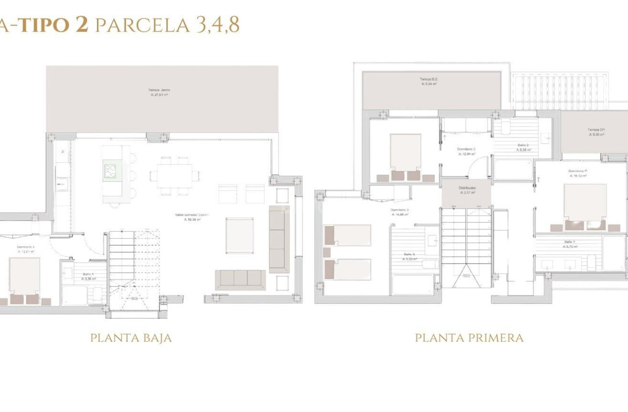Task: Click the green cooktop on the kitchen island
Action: pos(110,171)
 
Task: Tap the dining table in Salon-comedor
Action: pos(174,176)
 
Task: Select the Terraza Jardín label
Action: pos(159,90)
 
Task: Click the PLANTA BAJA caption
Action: pos(131,338)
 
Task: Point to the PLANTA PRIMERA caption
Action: pos(469,338)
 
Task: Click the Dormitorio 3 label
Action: pos(399,210)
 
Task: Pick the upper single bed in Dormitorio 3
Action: pos(348,235)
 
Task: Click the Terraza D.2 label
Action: pos(429,79)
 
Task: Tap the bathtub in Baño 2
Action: pos(513,170)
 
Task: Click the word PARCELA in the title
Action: pos(142,25)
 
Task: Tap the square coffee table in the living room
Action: pos(239,235)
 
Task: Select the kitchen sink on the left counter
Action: pos(61,182)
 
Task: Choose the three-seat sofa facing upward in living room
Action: pos(240,280)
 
